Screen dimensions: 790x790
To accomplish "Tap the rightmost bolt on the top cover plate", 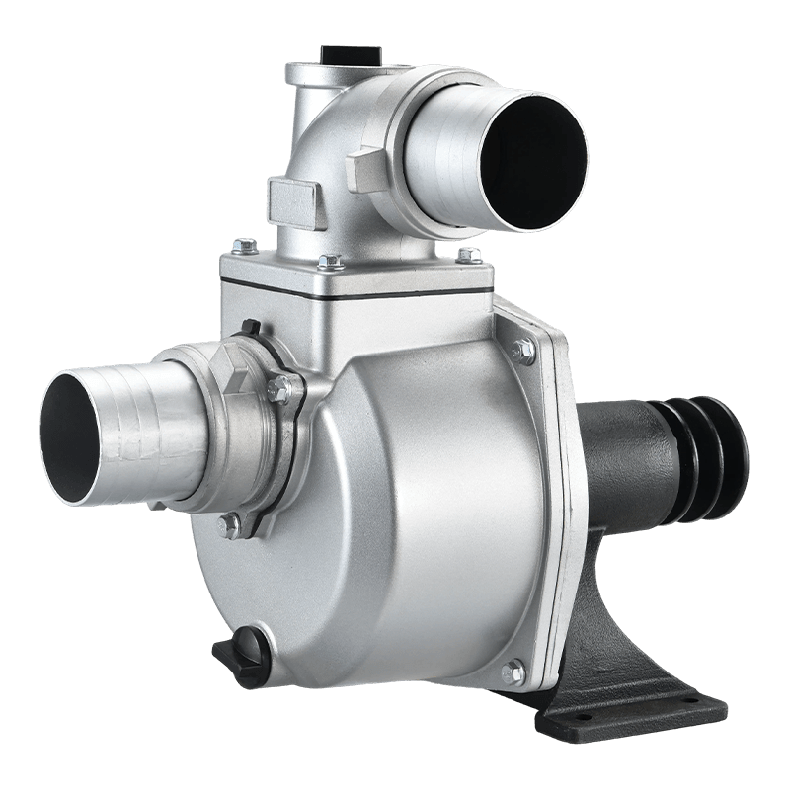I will (x=468, y=256).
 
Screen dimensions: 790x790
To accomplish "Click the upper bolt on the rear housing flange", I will (x=521, y=348).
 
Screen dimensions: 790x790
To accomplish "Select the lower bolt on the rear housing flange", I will (x=512, y=672).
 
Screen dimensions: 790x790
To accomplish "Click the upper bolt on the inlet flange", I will (x=281, y=387).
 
